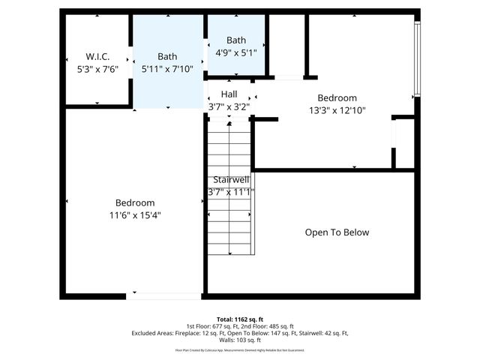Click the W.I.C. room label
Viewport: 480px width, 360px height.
click(x=98, y=56)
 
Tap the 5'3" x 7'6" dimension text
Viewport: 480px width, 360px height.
click(x=98, y=68)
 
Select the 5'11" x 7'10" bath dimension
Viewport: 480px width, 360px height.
click(x=167, y=68)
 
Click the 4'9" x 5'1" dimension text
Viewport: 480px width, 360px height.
click(x=236, y=52)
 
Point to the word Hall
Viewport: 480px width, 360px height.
click(x=229, y=94)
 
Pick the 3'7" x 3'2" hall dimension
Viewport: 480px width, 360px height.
click(x=229, y=106)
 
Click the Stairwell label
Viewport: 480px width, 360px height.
click(x=231, y=180)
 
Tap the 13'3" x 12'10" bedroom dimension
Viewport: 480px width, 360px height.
click(x=337, y=110)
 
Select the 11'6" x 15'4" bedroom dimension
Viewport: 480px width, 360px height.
click(x=135, y=215)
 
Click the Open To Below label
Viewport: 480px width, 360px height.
click(x=337, y=232)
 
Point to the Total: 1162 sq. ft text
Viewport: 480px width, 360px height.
click(x=239, y=319)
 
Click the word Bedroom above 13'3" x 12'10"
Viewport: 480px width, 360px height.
click(x=337, y=98)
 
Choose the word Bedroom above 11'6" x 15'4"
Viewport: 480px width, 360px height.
click(x=135, y=203)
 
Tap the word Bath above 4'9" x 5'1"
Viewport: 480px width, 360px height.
click(x=236, y=40)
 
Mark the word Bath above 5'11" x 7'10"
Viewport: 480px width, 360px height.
click(x=167, y=56)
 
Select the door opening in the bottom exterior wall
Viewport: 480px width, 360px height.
click(x=153, y=296)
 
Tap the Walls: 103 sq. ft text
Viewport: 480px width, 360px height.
click(x=239, y=340)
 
